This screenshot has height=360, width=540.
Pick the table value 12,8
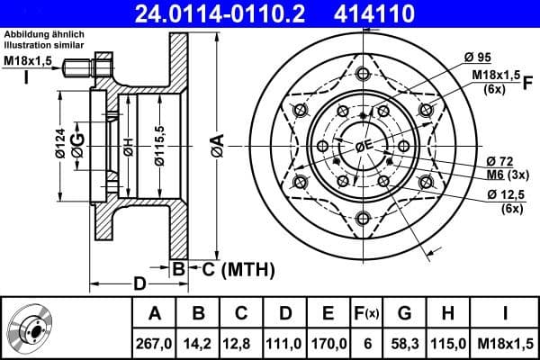[x=241, y=343]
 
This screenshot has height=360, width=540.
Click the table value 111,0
[x=284, y=343]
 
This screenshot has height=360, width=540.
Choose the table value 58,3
[x=406, y=343]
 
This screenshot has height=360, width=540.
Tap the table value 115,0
[x=449, y=343]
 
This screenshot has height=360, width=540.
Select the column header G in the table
[x=406, y=313]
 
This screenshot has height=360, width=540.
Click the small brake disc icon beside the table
[x=31, y=328]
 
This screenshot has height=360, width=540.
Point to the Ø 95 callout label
[x=477, y=58]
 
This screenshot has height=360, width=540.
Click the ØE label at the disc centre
[x=363, y=147]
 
